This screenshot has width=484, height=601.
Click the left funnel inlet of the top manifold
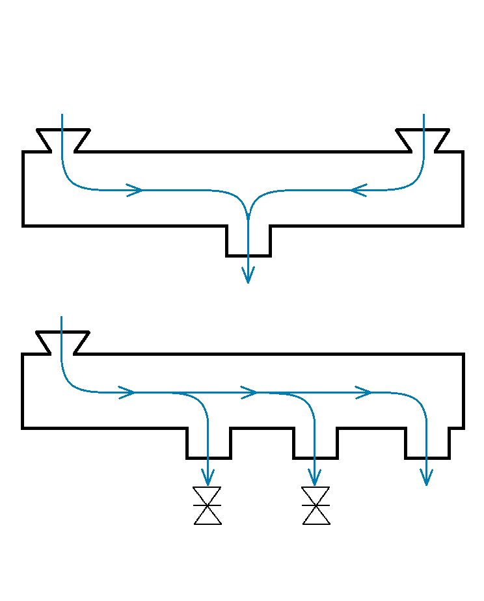(x=62, y=140)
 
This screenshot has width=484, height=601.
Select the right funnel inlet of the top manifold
(x=423, y=140)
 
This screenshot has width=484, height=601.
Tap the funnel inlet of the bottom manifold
(x=62, y=342)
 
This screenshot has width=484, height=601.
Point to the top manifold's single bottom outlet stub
(x=249, y=241)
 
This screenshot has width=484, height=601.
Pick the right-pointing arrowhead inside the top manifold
(x=135, y=190)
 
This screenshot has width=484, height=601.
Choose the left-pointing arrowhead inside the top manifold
(x=358, y=190)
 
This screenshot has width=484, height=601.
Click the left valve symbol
(x=208, y=505)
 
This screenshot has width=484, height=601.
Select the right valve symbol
(x=316, y=505)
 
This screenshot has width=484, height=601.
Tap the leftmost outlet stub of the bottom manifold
(x=208, y=443)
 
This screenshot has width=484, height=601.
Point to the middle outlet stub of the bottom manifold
(x=316, y=443)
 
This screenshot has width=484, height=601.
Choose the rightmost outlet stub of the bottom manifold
(x=427, y=443)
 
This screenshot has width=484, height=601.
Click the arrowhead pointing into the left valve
(x=208, y=479)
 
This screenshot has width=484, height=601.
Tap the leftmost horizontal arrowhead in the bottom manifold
(x=127, y=392)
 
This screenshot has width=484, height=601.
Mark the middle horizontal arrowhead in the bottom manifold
(x=250, y=392)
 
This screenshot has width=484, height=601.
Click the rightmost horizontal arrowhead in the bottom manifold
(x=364, y=392)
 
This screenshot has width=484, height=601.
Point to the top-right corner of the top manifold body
(x=463, y=152)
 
